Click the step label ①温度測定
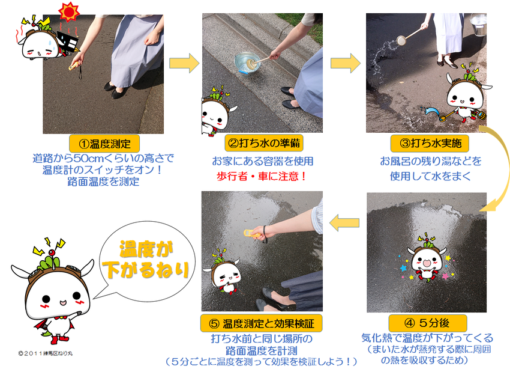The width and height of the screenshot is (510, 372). coord(104,144)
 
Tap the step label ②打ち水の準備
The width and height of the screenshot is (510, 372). coord(264,143)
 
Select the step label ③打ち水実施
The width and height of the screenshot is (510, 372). coord(430,143)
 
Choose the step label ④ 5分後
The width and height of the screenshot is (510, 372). coord(428,323)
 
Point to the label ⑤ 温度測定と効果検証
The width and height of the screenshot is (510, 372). coord(262,323)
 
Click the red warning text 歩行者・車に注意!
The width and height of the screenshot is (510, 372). coord(262,176)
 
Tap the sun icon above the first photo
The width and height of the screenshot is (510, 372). coord(69,11)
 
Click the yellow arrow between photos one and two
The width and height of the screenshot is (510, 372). coord(184,63)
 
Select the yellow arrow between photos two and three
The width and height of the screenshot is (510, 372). coord(346,63)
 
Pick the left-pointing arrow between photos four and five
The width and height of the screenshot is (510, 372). coord(344,223)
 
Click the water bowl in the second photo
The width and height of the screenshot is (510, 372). coord(248,63)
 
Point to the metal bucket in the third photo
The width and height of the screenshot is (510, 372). coord(478,24)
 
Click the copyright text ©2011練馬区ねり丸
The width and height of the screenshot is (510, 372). coord(46,353)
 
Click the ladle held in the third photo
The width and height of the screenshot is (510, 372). coord(409,36)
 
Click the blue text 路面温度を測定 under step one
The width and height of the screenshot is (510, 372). coord(103,181)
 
